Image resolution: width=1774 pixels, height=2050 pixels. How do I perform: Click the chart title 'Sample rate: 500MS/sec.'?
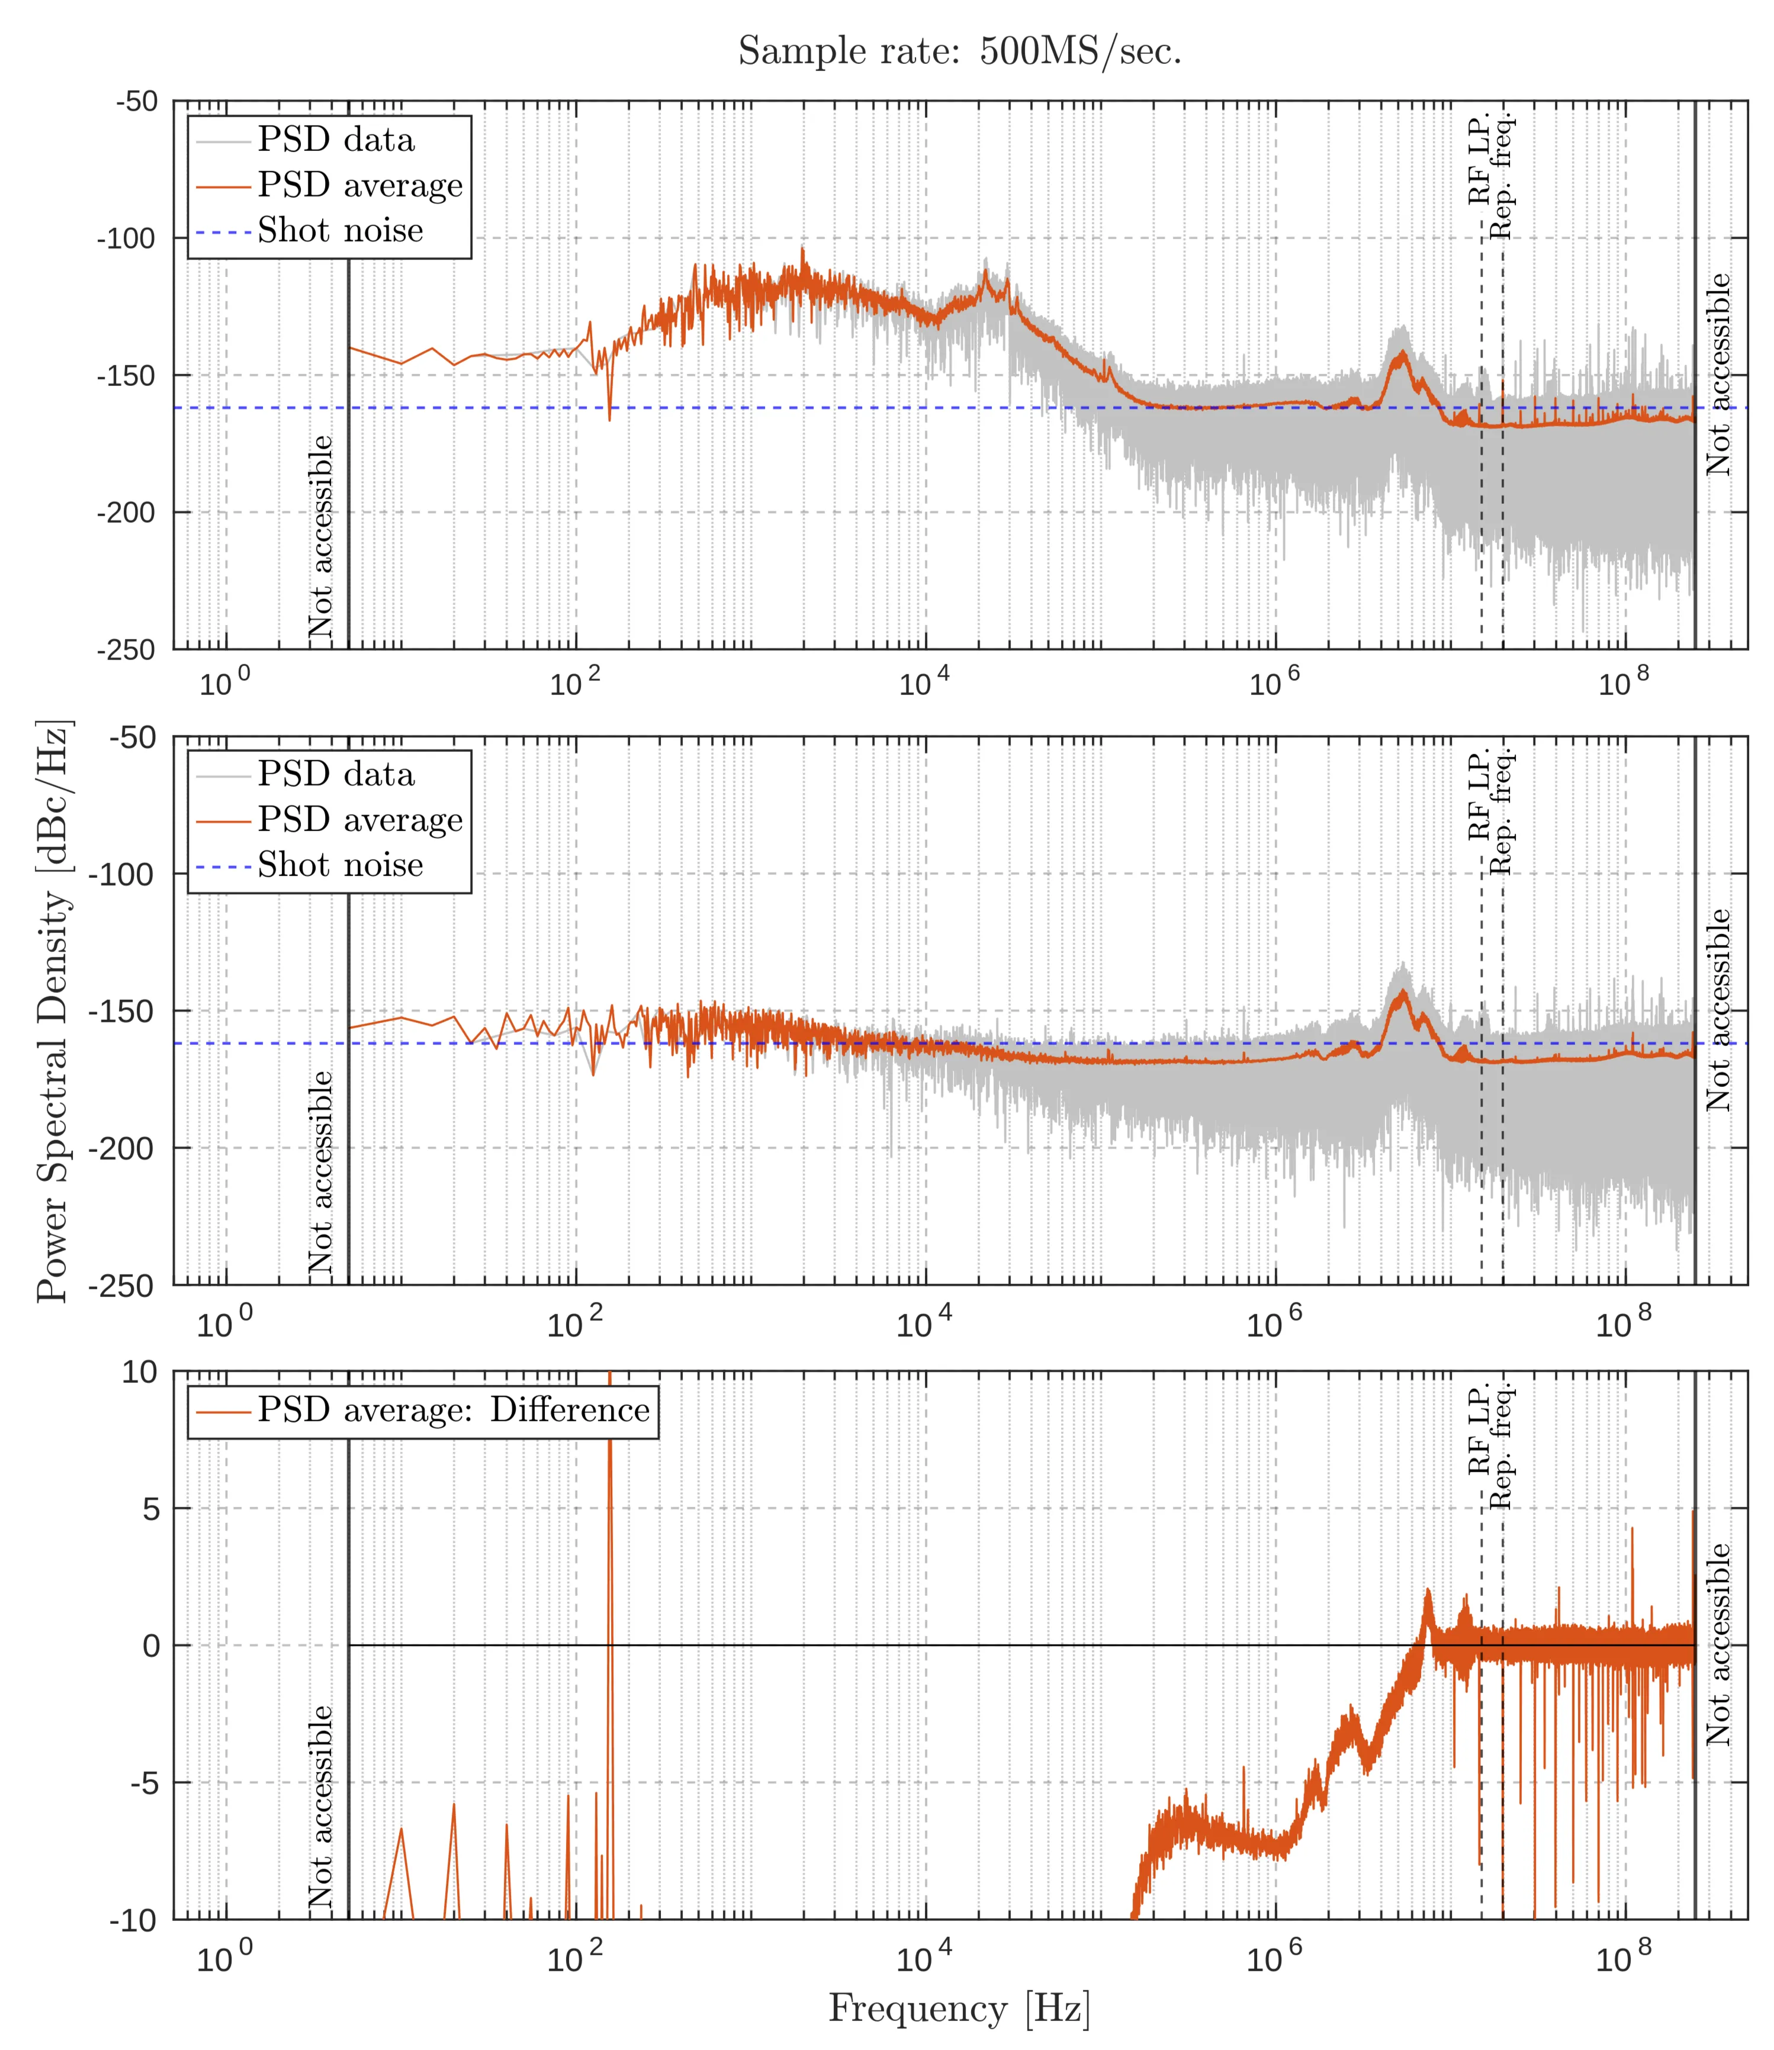[959, 52]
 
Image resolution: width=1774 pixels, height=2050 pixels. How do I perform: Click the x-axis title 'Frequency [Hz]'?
[958, 2007]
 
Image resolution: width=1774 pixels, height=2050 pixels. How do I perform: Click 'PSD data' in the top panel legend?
[336, 140]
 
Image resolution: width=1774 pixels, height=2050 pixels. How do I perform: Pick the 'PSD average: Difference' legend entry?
[454, 1409]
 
